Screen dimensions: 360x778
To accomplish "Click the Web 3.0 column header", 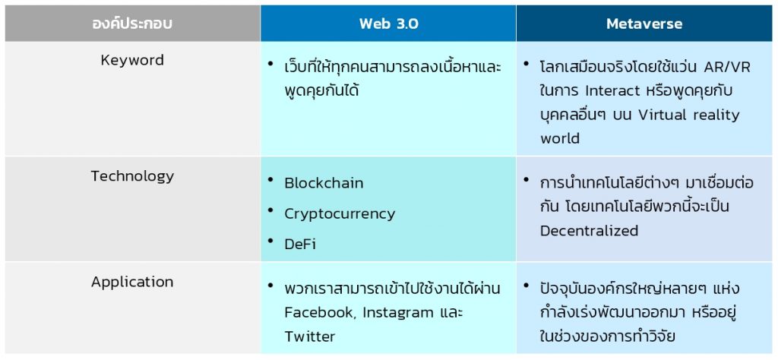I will [388, 24].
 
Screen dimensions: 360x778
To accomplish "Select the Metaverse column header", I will [644, 24].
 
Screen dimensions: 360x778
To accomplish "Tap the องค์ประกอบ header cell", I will [132, 24].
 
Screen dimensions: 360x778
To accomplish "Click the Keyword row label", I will [132, 60].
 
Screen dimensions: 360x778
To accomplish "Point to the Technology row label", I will [132, 176].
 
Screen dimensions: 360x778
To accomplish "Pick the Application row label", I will [132, 282].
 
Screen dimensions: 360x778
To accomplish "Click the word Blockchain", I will [324, 183].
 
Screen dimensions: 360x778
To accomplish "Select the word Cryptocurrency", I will [340, 213].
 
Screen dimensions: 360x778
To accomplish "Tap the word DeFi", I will [301, 243].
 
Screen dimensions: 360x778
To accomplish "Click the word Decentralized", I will [589, 230].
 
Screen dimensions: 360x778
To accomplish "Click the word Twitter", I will [309, 336].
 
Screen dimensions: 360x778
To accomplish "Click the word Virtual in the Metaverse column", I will [665, 115].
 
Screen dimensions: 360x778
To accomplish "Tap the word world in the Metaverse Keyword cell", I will [560, 139].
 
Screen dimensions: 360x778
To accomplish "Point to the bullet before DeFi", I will [271, 241].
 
